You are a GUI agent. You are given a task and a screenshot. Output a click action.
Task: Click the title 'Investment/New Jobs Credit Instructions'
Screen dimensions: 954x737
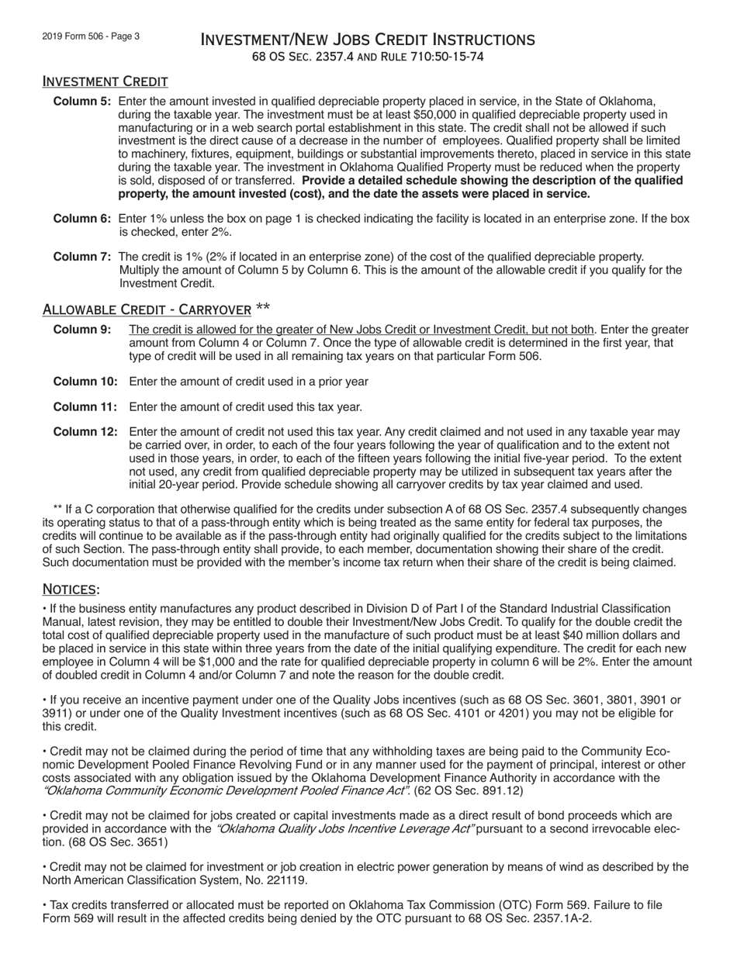point(368,40)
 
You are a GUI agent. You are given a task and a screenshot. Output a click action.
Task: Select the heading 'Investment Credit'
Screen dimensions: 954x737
point(105,81)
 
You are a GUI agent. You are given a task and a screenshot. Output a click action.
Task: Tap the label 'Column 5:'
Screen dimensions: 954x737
point(82,102)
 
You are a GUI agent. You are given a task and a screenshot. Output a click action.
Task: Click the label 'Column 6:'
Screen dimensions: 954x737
point(82,219)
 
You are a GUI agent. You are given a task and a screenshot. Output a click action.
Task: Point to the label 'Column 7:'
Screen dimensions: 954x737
point(82,257)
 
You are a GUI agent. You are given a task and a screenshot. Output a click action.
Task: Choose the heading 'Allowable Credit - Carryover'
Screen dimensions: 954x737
point(147,310)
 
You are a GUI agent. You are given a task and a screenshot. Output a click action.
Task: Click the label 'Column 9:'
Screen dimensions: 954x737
point(82,330)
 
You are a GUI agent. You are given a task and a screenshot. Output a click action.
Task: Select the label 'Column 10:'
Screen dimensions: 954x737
point(85,382)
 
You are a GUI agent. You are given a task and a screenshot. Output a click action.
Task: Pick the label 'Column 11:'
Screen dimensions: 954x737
point(85,406)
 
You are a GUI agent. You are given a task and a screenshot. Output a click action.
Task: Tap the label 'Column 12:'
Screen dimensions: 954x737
point(85,432)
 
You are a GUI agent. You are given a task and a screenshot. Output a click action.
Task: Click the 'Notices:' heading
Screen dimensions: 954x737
point(71,589)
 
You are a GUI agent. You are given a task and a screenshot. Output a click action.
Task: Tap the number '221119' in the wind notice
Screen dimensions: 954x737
point(288,880)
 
